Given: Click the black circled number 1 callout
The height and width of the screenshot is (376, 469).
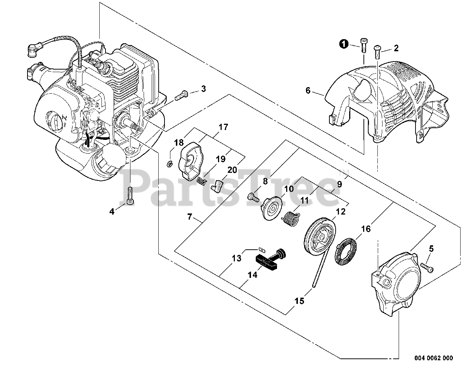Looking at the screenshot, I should click(343, 44).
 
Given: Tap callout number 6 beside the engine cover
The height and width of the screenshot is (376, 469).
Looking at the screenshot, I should click(308, 90).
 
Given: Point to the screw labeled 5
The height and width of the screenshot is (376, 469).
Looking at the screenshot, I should click(426, 266).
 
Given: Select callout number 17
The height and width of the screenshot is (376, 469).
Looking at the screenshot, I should click(223, 127).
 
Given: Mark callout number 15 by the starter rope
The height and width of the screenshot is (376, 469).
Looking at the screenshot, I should click(299, 301).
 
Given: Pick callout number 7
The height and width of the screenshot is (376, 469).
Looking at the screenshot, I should click(189, 217).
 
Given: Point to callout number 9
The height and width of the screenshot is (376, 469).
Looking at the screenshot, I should click(339, 184).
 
